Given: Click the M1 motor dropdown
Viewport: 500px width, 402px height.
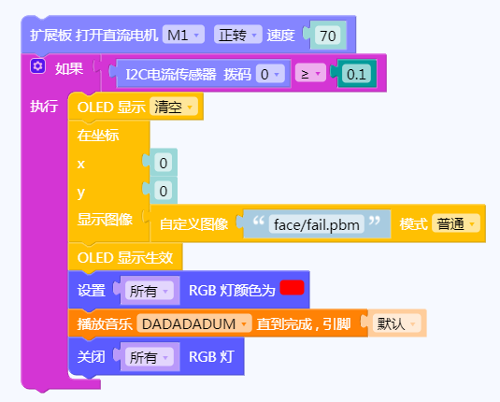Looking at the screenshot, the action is [183, 35].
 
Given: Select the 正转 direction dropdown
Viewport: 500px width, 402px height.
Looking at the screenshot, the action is [238, 35].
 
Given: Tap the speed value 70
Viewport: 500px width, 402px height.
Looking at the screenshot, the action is [327, 36].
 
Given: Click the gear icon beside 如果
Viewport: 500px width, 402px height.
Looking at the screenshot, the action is [38, 66].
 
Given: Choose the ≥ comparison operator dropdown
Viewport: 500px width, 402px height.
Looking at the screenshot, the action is [310, 74].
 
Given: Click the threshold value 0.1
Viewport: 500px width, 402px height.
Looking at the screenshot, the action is [356, 74].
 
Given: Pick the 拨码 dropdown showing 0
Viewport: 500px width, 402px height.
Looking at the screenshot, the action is [270, 74].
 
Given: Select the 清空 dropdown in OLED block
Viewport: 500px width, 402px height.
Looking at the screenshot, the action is [174, 107].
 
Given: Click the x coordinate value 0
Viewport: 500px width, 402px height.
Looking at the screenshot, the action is [164, 163].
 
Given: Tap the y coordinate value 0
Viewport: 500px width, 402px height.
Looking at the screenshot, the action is [164, 191].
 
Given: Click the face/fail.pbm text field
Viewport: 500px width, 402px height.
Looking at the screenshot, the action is [316, 224].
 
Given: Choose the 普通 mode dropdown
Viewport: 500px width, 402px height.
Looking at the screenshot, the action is [456, 223].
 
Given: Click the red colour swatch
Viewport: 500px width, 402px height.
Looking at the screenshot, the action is [292, 287].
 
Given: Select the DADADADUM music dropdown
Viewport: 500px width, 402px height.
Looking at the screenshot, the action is [194, 323].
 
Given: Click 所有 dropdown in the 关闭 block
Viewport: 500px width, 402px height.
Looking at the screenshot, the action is [150, 357].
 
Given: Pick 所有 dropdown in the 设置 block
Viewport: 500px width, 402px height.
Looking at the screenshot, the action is [150, 291].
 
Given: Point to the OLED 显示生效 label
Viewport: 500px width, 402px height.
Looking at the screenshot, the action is [125, 257].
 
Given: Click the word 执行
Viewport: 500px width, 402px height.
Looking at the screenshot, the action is [44, 106].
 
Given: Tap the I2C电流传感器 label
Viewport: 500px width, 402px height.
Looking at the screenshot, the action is [171, 74].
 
